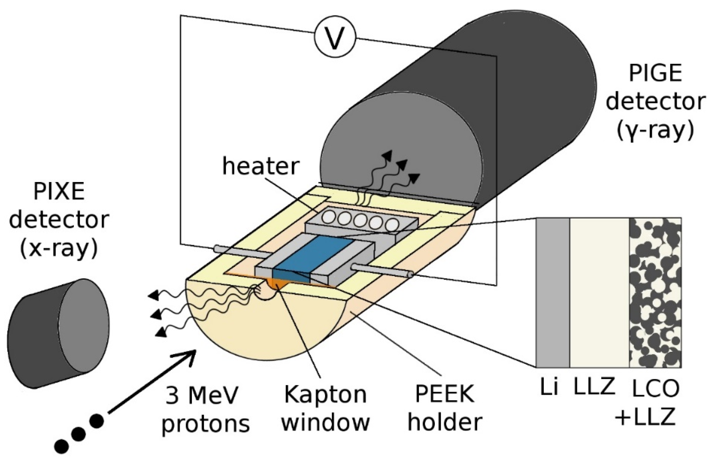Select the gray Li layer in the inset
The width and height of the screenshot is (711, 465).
pyautogui.click(x=552, y=293)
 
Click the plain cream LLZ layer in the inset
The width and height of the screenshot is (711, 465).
pyautogui.click(x=599, y=293)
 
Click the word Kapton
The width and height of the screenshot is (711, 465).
pyautogui.click(x=325, y=394)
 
